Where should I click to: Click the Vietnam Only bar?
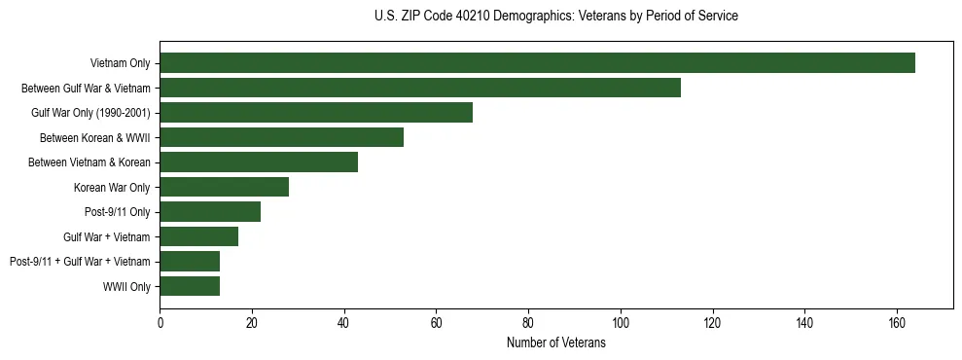(537, 63)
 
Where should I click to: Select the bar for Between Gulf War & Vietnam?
(420, 88)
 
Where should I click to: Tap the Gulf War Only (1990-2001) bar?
(316, 113)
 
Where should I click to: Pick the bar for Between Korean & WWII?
(281, 137)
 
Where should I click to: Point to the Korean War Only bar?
(224, 187)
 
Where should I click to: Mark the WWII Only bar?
(190, 286)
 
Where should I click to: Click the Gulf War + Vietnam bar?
(198, 236)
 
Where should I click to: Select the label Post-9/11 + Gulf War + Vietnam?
(80, 261)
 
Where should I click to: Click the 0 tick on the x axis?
(160, 322)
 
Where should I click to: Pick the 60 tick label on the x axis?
(436, 322)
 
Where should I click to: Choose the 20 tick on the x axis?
(252, 322)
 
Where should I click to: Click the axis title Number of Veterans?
(556, 342)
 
